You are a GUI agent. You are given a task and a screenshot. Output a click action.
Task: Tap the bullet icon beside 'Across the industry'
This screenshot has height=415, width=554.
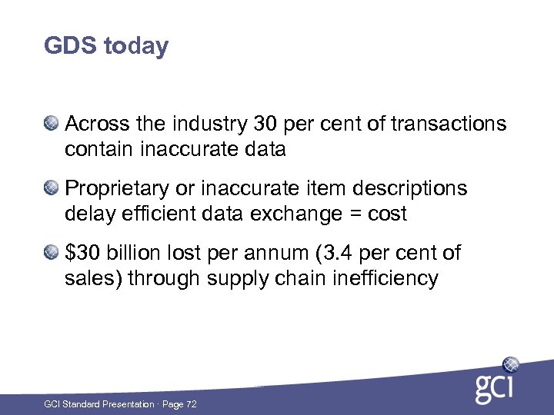pyautogui.click(x=52, y=123)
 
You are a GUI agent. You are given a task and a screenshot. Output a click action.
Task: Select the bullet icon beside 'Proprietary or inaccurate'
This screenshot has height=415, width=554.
pyautogui.click(x=52, y=188)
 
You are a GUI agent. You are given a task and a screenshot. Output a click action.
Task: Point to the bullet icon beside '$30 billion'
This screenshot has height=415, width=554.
pyautogui.click(x=52, y=252)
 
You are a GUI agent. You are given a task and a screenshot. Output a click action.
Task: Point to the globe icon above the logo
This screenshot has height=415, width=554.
pyautogui.click(x=509, y=364)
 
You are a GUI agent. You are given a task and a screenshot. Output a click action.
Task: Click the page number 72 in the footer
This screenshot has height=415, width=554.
pyautogui.click(x=191, y=404)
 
